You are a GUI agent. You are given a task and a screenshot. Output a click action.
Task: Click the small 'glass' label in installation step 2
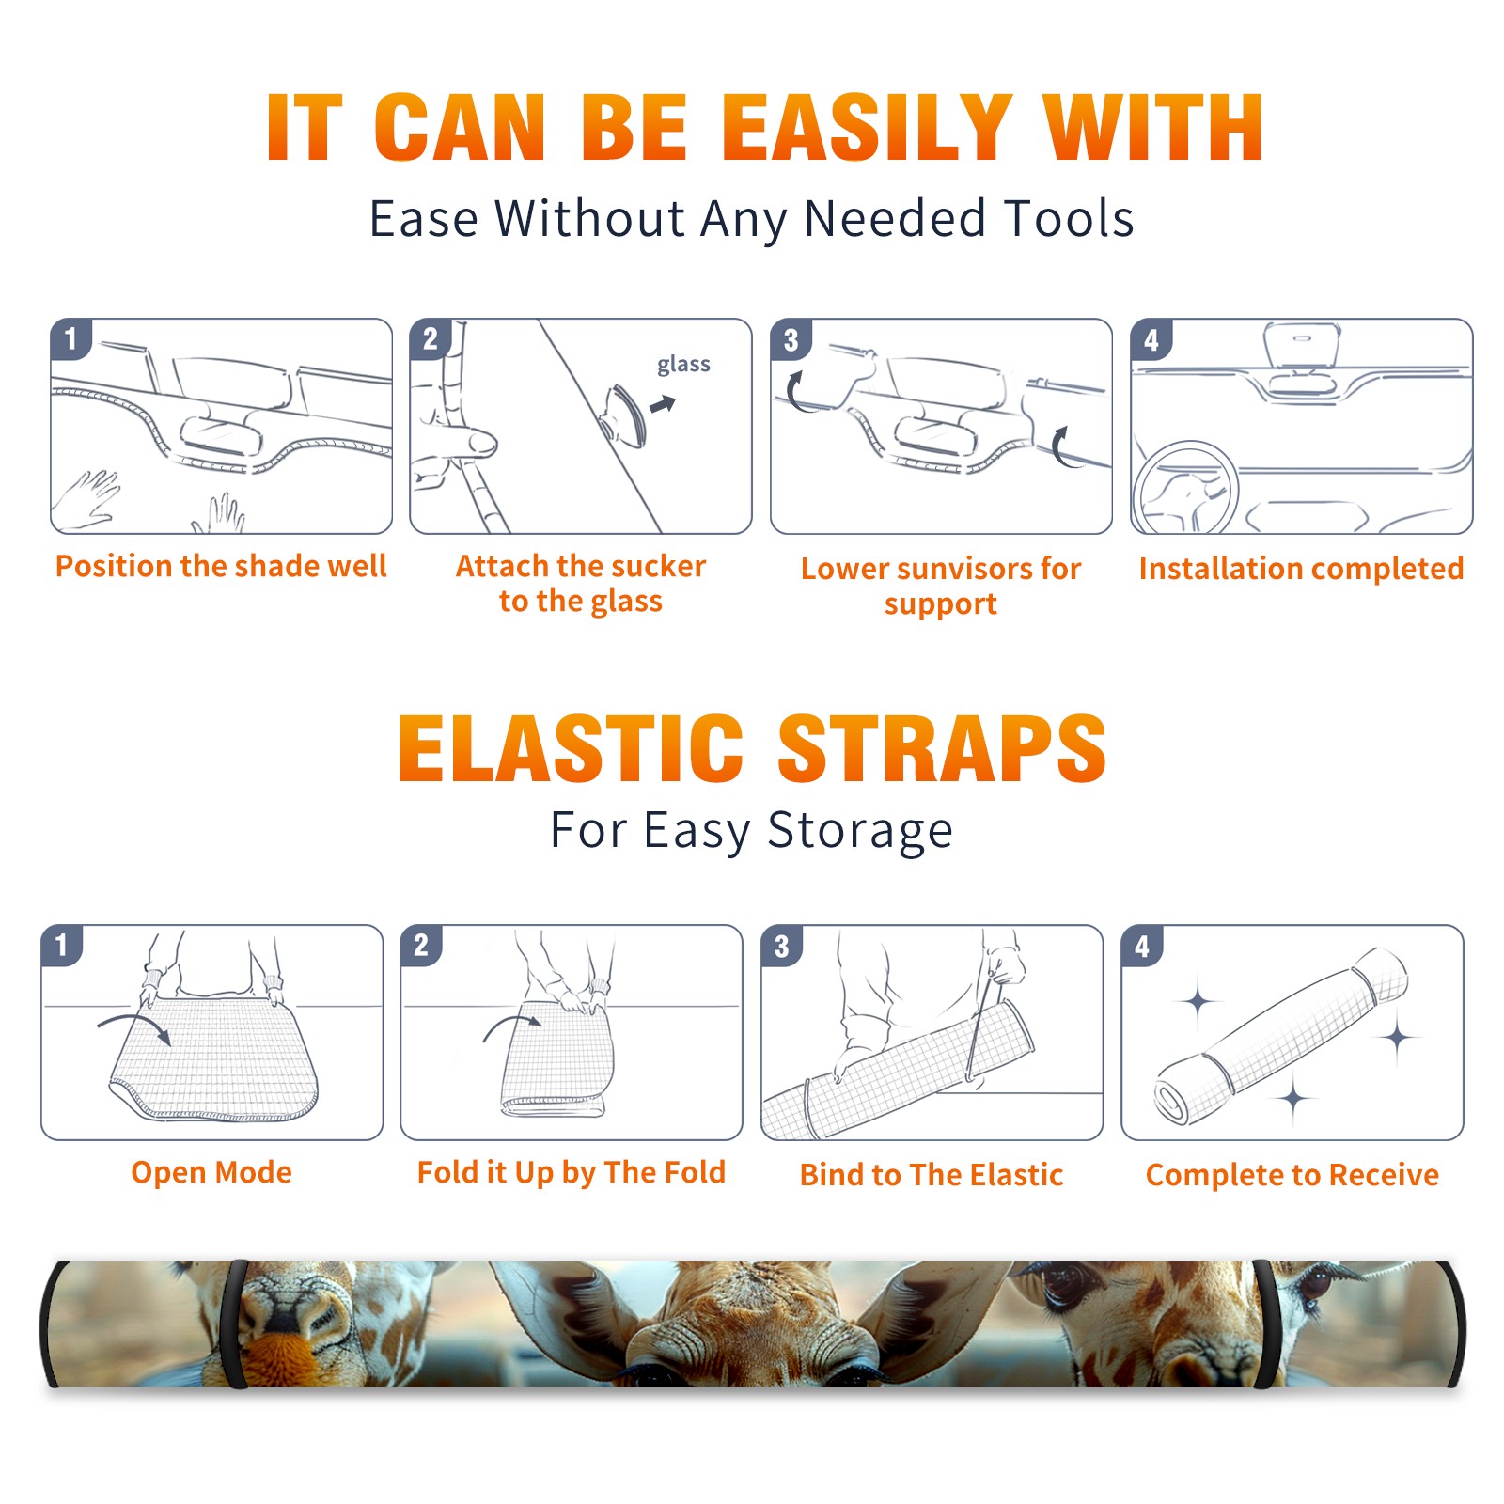[683, 365]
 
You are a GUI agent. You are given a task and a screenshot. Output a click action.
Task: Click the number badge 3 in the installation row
[791, 340]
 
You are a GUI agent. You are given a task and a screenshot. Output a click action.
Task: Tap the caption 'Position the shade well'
[221, 566]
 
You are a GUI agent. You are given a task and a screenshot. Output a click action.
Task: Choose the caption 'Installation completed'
[1301, 568]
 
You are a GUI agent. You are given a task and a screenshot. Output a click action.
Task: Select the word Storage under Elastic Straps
[860, 830]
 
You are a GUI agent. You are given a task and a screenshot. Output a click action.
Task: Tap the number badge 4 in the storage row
[1142, 946]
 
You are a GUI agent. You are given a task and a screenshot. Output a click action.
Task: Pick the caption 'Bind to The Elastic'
[932, 1174]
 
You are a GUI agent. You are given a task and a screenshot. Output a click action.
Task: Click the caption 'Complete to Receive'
[1292, 1174]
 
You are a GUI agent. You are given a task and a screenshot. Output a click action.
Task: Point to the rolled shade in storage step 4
[1281, 1036]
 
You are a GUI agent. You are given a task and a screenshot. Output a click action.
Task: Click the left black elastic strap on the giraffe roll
[235, 1324]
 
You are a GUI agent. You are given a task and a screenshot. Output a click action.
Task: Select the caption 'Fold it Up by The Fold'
[572, 1172]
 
